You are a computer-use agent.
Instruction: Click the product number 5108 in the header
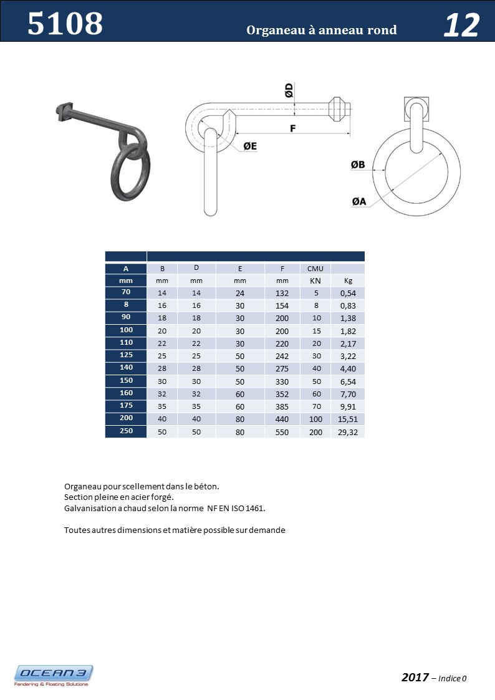(x=65, y=24)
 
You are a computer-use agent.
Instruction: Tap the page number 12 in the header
(x=461, y=26)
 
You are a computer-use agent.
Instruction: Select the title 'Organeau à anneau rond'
(x=321, y=30)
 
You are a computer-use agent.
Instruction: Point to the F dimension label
(x=292, y=128)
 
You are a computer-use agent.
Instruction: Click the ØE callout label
(x=250, y=146)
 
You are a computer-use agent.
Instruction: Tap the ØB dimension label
(x=358, y=165)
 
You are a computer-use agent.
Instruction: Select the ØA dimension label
(x=358, y=201)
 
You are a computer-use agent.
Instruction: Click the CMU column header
(x=315, y=269)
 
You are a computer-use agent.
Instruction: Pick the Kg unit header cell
(x=348, y=281)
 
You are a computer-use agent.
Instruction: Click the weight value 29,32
(x=348, y=432)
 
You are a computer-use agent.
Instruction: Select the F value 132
(x=282, y=293)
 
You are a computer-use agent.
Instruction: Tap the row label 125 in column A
(x=126, y=356)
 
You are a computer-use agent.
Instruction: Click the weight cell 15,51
(x=348, y=419)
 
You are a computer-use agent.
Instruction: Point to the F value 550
(x=282, y=432)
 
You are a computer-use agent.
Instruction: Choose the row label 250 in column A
(x=126, y=431)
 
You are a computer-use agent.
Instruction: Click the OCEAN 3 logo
(x=54, y=674)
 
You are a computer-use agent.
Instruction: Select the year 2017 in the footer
(x=415, y=677)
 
